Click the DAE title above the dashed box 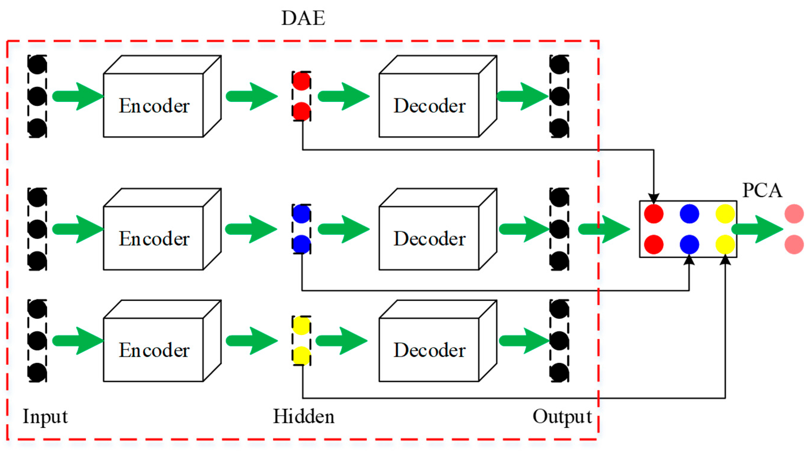(x=303, y=18)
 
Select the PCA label (x=762, y=191)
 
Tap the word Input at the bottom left (x=45, y=417)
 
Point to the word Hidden (x=304, y=417)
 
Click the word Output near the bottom (x=562, y=417)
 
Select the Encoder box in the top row (x=154, y=105)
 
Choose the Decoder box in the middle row (x=429, y=238)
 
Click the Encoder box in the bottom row (x=154, y=350)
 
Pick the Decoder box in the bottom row (x=429, y=350)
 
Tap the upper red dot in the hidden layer (x=301, y=81)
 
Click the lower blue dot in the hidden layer (x=301, y=244)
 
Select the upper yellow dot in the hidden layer (x=301, y=325)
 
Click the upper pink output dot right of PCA (x=794, y=214)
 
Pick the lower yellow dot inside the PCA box (x=725, y=244)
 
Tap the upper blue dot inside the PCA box (x=689, y=214)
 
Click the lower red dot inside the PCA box (x=654, y=244)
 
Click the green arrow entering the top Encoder (x=77, y=96)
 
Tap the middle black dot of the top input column (x=37, y=96)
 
